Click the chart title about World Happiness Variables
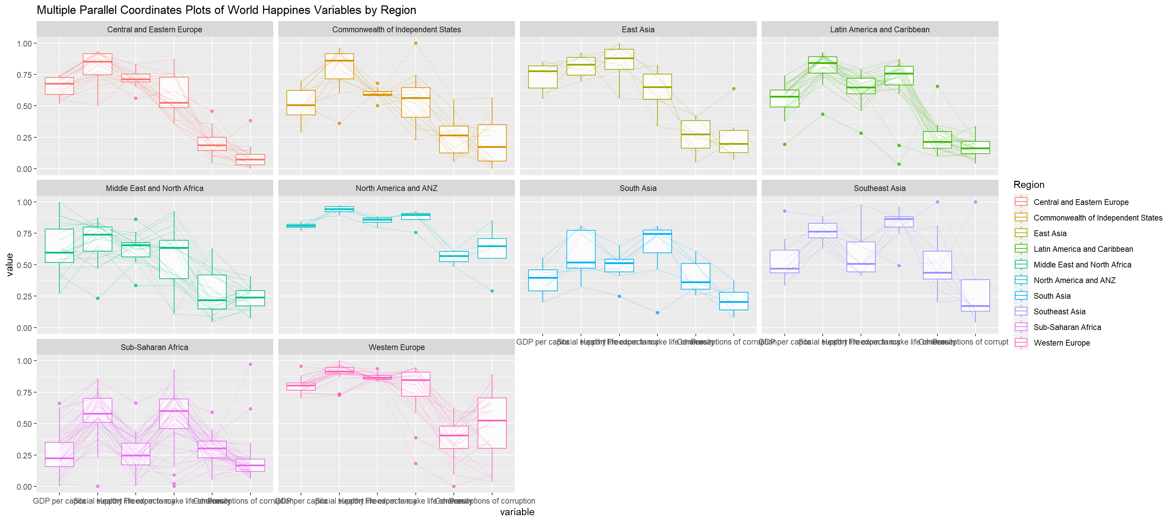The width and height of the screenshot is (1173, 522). coord(226,10)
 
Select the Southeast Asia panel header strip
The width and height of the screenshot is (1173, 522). coord(879,188)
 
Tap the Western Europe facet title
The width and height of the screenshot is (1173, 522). coord(396,347)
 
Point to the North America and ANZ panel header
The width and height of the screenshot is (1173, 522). coord(396,188)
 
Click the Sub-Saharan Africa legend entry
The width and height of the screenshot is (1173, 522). coord(1067,327)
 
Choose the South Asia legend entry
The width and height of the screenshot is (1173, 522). coord(1052,296)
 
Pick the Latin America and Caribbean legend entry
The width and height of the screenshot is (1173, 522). coord(1083,249)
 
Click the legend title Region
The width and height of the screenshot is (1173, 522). coord(1029,185)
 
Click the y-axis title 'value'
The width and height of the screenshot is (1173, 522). coord(10,264)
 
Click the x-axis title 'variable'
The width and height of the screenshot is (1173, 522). coord(517,512)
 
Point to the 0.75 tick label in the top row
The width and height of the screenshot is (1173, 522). coord(24,75)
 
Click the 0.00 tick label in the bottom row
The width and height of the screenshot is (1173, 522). coord(24,487)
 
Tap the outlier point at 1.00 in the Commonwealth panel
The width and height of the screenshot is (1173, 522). coord(416,43)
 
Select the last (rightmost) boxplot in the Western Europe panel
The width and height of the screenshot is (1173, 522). coord(492,423)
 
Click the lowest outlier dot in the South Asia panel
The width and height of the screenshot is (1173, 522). coord(657,313)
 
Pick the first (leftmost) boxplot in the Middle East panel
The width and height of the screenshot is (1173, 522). coord(59,246)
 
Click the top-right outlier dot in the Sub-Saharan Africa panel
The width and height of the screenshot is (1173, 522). coord(250,364)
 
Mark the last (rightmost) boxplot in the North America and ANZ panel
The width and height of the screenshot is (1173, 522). coord(492,248)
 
